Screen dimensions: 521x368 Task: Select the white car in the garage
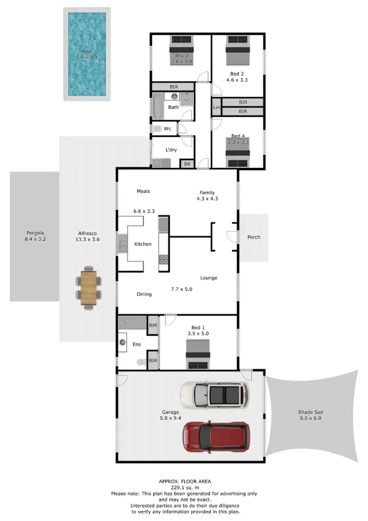click(214, 395)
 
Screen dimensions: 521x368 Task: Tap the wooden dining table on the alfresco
click(89, 288)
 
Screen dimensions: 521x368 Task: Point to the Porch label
click(254, 237)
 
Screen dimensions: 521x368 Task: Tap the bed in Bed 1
click(198, 354)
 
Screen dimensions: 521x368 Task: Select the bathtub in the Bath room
click(157, 107)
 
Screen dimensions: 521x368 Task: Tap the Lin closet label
click(216, 107)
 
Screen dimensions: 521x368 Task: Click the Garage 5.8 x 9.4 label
click(170, 415)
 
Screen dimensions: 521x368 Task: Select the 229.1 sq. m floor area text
click(184, 488)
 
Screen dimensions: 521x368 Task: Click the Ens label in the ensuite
click(136, 344)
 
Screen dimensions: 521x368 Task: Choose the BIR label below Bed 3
click(174, 87)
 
